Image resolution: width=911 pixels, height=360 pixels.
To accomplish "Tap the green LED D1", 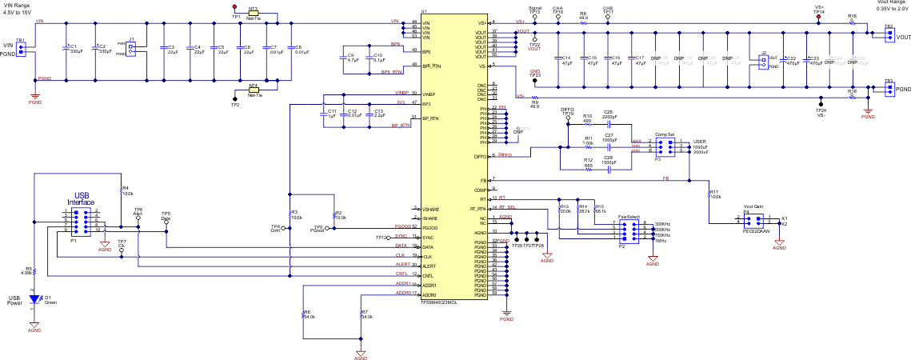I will coord(34,299).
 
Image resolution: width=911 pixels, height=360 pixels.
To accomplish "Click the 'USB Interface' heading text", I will coord(80,199).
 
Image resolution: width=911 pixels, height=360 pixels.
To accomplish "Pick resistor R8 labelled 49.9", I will coord(583,22).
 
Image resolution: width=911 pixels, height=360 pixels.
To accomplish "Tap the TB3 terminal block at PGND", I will coord(889,87).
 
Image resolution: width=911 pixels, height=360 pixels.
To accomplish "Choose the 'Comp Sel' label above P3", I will coord(665,134).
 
